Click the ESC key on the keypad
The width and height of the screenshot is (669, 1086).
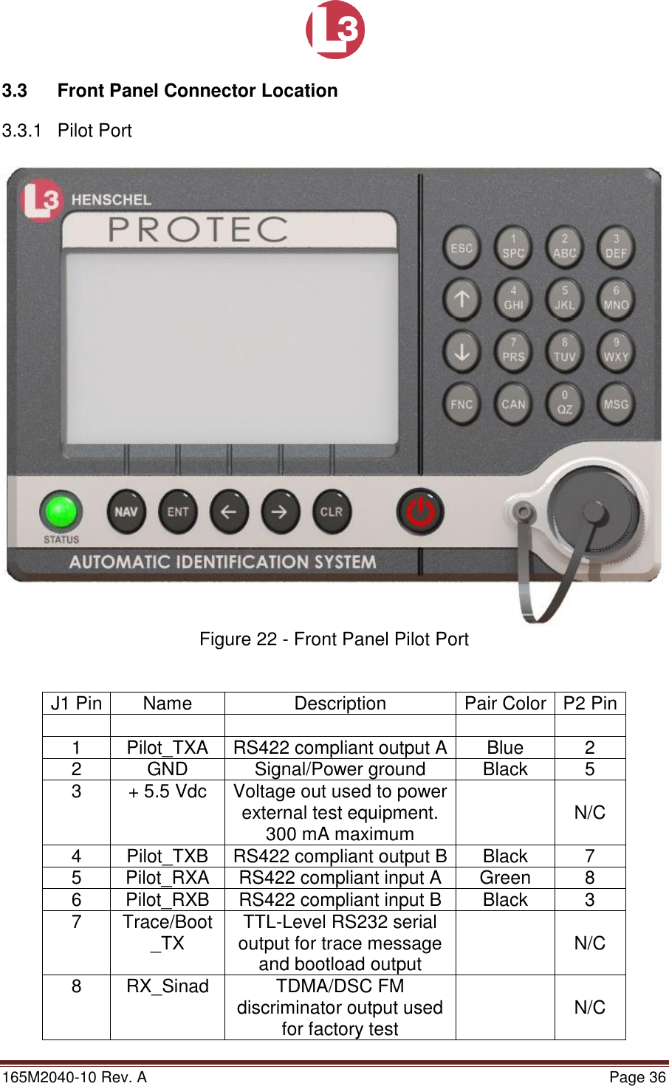462,249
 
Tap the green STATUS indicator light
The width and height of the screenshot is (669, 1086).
61,511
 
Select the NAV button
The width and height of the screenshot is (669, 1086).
126,512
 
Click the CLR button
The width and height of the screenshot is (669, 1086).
331,512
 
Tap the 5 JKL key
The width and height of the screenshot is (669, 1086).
565,298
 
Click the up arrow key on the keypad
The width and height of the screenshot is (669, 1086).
462,299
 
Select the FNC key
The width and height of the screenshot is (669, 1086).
462,404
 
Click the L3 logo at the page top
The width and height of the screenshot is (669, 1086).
335,30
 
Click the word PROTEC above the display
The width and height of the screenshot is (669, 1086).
198,230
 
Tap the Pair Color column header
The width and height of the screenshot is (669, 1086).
505,704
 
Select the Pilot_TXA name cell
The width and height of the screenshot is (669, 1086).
168,748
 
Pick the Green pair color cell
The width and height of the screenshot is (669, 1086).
505,878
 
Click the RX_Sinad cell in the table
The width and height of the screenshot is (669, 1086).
168,986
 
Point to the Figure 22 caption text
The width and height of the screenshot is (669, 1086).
334,639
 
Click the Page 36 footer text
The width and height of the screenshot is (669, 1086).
637,1077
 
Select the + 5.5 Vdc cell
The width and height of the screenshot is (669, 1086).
168,791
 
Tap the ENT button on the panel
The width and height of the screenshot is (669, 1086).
178,512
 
